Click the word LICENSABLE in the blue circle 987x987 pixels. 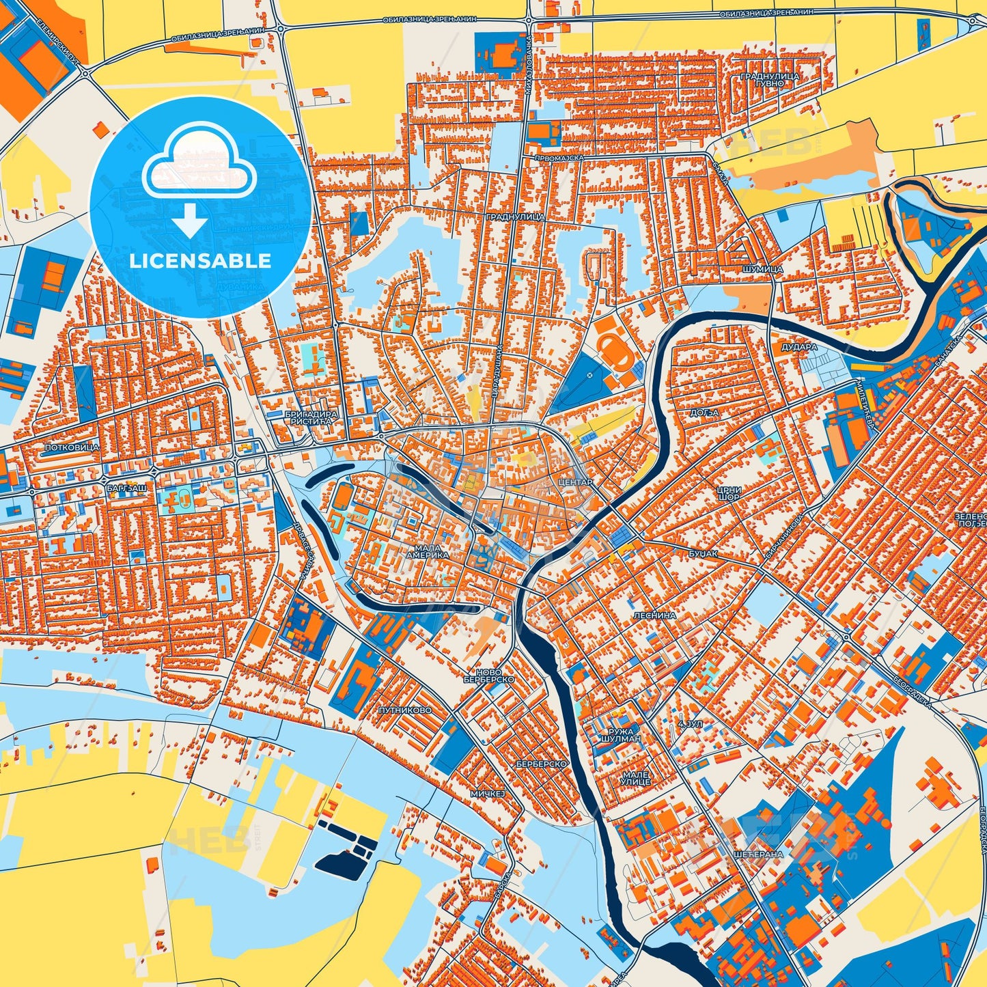click(200, 261)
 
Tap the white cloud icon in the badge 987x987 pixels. click(199, 168)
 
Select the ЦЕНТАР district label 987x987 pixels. click(576, 482)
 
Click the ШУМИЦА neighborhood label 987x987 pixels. click(762, 270)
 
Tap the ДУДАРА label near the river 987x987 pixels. click(800, 347)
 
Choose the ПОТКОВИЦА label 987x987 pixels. click(72, 447)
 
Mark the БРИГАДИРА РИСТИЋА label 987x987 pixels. click(309, 418)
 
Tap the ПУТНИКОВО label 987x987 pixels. click(405, 710)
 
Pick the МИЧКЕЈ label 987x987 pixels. click(487, 794)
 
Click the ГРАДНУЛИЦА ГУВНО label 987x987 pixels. click(770, 79)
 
